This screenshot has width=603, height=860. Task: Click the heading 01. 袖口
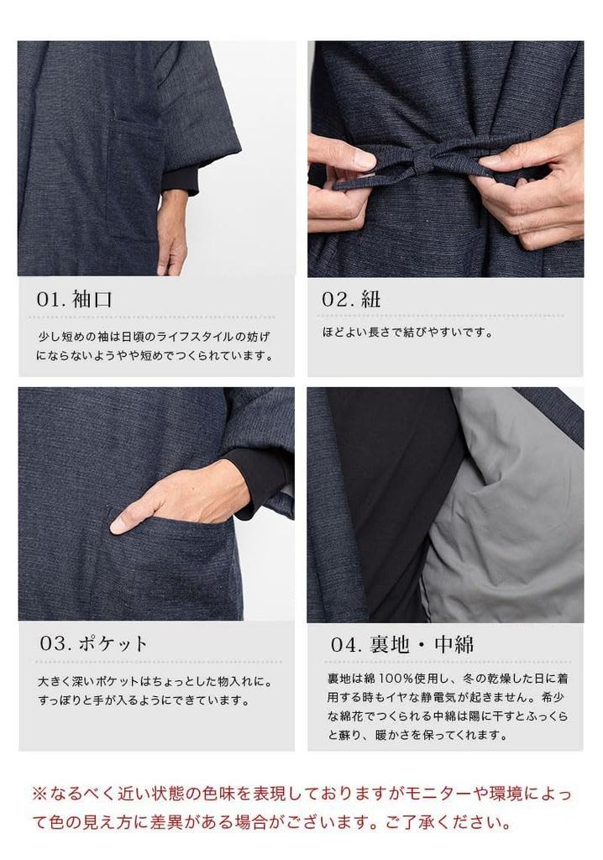pos(74,300)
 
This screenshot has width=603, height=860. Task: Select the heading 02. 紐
pos(351,300)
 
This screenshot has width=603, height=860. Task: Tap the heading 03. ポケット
pos(94,644)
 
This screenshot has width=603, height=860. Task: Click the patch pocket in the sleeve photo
pos(134,176)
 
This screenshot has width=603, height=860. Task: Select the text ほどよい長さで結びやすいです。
pos(407,333)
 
